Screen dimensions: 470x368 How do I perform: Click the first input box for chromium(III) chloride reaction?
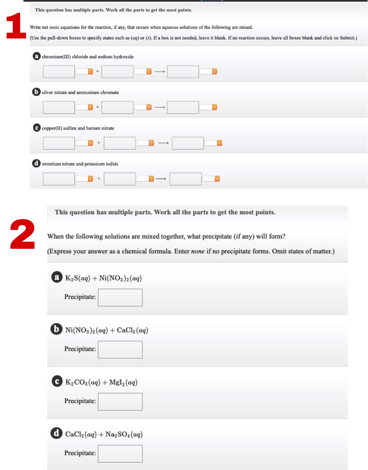59,72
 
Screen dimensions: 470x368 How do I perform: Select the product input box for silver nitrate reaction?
183,107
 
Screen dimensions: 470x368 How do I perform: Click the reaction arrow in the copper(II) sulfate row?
163,143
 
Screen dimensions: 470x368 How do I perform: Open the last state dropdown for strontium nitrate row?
211,179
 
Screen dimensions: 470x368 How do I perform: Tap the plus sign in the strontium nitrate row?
98,179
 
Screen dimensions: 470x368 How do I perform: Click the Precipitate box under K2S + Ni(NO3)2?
120,297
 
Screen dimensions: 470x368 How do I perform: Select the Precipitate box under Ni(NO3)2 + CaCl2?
120,349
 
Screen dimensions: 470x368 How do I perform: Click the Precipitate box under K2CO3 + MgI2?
120,401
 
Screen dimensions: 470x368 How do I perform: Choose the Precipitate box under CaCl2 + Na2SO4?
120,453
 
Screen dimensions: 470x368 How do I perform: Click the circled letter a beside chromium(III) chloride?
36,56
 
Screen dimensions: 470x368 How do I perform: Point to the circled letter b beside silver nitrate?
36,92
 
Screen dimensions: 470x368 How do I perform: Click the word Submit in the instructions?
347,37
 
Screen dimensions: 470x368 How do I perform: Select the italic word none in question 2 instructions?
198,252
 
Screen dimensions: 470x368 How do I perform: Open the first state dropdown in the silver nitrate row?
84,107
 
